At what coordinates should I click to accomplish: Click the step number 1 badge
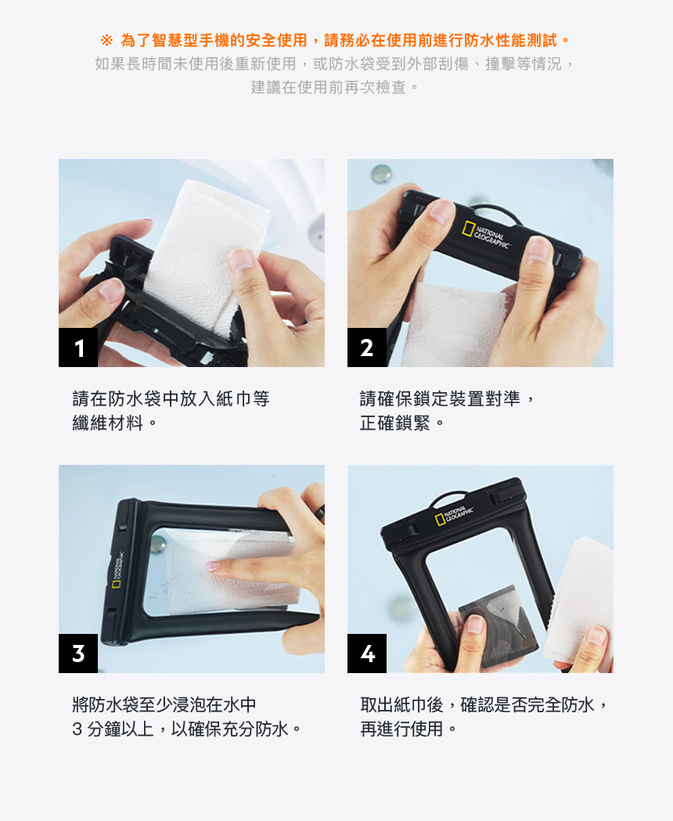click(x=78, y=347)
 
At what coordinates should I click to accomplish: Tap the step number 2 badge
click(x=367, y=347)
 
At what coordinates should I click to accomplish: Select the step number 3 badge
click(x=78, y=654)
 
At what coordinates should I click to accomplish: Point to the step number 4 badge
click(x=367, y=654)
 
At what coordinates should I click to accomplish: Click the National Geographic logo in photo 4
click(x=455, y=516)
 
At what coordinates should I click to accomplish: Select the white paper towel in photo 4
click(x=579, y=595)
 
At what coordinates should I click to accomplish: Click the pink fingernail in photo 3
click(x=213, y=565)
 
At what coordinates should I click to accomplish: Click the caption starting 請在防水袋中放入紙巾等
click(x=171, y=399)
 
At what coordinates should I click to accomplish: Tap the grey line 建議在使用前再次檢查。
click(x=336, y=87)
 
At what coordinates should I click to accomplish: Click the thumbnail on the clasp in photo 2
click(x=443, y=211)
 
